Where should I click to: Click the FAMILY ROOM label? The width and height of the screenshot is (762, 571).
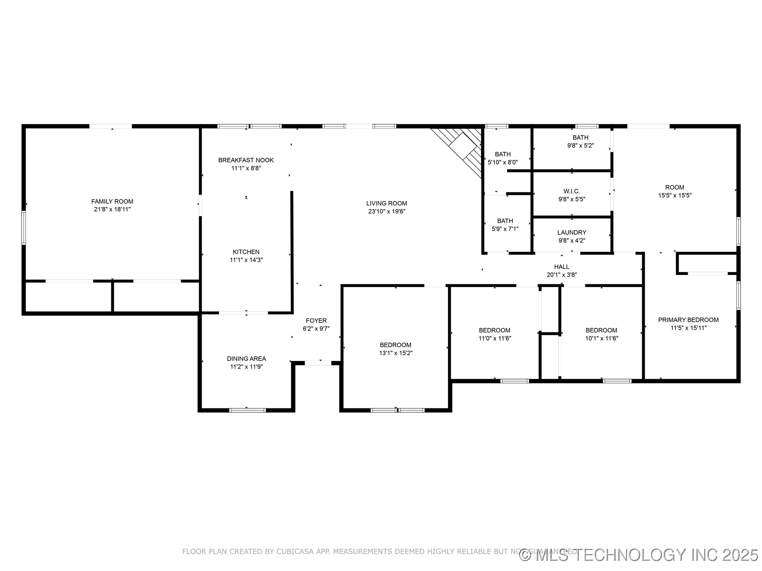tap(112, 201)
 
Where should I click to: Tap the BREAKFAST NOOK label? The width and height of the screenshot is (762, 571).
tap(246, 160)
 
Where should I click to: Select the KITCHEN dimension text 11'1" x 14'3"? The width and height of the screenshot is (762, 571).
tap(246, 260)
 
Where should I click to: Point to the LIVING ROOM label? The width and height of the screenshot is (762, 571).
tap(387, 203)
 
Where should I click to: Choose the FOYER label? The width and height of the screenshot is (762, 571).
tap(316, 321)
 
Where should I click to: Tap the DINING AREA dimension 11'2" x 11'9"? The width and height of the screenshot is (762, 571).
tap(246, 367)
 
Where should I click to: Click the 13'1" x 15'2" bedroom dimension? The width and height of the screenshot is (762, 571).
tap(396, 353)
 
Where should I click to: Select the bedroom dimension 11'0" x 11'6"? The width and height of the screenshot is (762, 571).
tap(495, 338)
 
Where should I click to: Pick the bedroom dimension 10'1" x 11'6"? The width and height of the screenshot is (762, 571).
tap(602, 338)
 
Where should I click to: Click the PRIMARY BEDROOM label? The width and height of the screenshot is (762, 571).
tap(688, 320)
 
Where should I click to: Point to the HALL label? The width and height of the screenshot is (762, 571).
tap(562, 267)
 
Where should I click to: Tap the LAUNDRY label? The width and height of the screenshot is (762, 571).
tap(571, 232)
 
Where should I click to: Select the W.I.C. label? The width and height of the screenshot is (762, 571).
tap(571, 191)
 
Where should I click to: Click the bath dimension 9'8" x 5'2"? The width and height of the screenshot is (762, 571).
tap(580, 146)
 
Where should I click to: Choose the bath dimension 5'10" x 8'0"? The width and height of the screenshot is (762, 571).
tap(503, 162)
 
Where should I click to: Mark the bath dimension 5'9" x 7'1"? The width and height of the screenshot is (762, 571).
tap(505, 229)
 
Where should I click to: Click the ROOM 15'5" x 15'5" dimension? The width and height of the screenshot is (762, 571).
tap(675, 195)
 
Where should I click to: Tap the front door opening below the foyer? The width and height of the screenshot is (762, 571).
tap(317, 362)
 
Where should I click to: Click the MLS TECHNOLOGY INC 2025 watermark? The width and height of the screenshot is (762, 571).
tap(639, 555)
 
